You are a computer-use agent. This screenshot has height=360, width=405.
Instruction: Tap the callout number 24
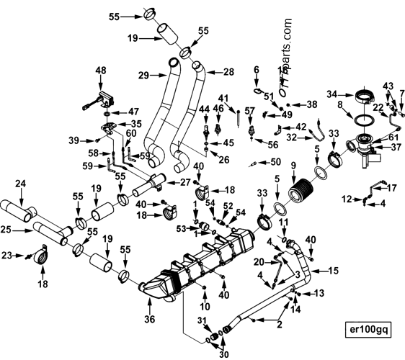click(20, 184)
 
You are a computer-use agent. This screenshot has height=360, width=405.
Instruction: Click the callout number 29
click(143, 75)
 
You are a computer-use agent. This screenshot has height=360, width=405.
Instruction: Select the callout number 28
click(229, 71)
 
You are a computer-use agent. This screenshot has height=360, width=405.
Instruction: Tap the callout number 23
click(7, 254)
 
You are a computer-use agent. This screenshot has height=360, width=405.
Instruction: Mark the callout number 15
click(333, 270)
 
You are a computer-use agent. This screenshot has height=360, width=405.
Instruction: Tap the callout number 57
click(249, 110)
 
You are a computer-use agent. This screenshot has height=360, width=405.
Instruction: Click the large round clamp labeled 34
click(363, 97)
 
